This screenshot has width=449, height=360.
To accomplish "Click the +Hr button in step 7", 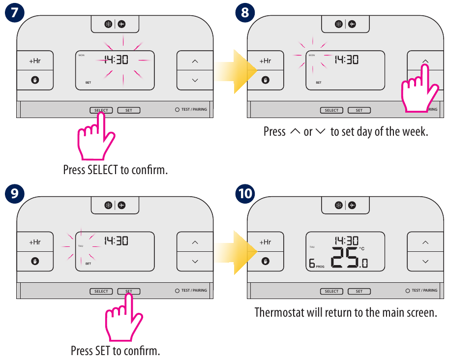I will tap(35, 61).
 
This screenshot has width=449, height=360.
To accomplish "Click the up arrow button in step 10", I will tap(425, 242).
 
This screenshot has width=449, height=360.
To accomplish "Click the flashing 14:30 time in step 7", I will tap(116, 60).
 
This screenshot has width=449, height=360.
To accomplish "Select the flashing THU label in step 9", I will tap(81, 246).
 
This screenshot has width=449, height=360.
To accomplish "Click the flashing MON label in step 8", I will tap(311, 56).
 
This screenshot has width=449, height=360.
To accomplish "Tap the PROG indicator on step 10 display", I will tap(320, 267).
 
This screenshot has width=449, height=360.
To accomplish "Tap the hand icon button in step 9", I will tap(35, 261).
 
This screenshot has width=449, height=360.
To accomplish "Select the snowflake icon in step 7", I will tap(108, 24).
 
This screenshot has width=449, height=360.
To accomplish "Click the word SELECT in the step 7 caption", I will tap(103, 170).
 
